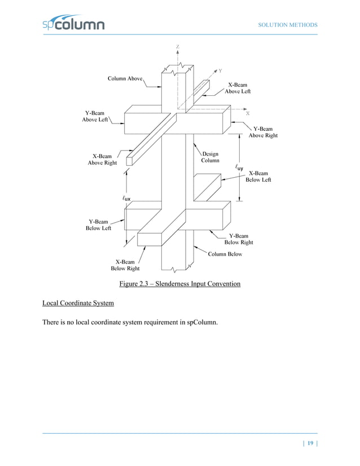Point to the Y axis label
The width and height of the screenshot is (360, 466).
220,71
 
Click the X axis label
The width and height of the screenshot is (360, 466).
247,113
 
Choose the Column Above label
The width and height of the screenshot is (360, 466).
125,78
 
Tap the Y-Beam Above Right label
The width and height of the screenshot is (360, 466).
263,132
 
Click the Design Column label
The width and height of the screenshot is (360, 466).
210,157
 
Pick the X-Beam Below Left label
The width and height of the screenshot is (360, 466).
258,176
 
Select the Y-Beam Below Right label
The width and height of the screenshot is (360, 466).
239,239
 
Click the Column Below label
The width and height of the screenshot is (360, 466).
225,254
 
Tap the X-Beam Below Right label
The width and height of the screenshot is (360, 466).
125,265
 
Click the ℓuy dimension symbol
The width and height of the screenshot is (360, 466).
239,168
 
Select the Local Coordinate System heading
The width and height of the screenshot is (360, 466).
78,304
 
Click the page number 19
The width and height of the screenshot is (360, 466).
310,443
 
